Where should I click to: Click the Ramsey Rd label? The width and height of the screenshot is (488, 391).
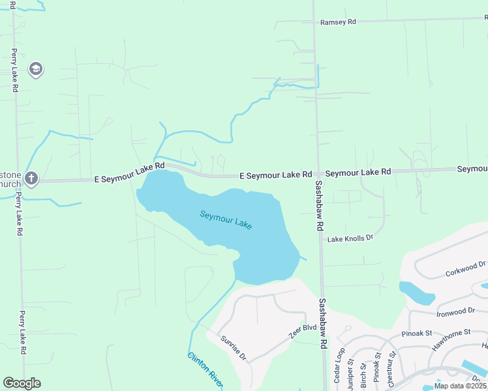pyautogui.click(x=337, y=22)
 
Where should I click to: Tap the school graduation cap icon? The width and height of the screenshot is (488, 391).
pyautogui.click(x=36, y=69)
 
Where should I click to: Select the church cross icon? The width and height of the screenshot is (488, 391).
pyautogui.click(x=31, y=178)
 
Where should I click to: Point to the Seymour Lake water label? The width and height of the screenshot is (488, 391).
pyautogui.click(x=226, y=219)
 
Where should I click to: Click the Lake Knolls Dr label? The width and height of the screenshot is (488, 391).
pyautogui.click(x=350, y=239)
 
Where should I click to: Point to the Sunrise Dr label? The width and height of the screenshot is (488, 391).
pyautogui.click(x=233, y=348)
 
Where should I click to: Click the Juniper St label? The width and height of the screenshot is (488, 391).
pyautogui.click(x=351, y=374)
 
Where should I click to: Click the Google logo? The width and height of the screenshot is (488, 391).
pyautogui.click(x=22, y=383)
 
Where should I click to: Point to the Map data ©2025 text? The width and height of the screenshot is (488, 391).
pyautogui.click(x=459, y=386)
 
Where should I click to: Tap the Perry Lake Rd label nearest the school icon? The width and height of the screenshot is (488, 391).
pyautogui.click(x=14, y=70)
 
